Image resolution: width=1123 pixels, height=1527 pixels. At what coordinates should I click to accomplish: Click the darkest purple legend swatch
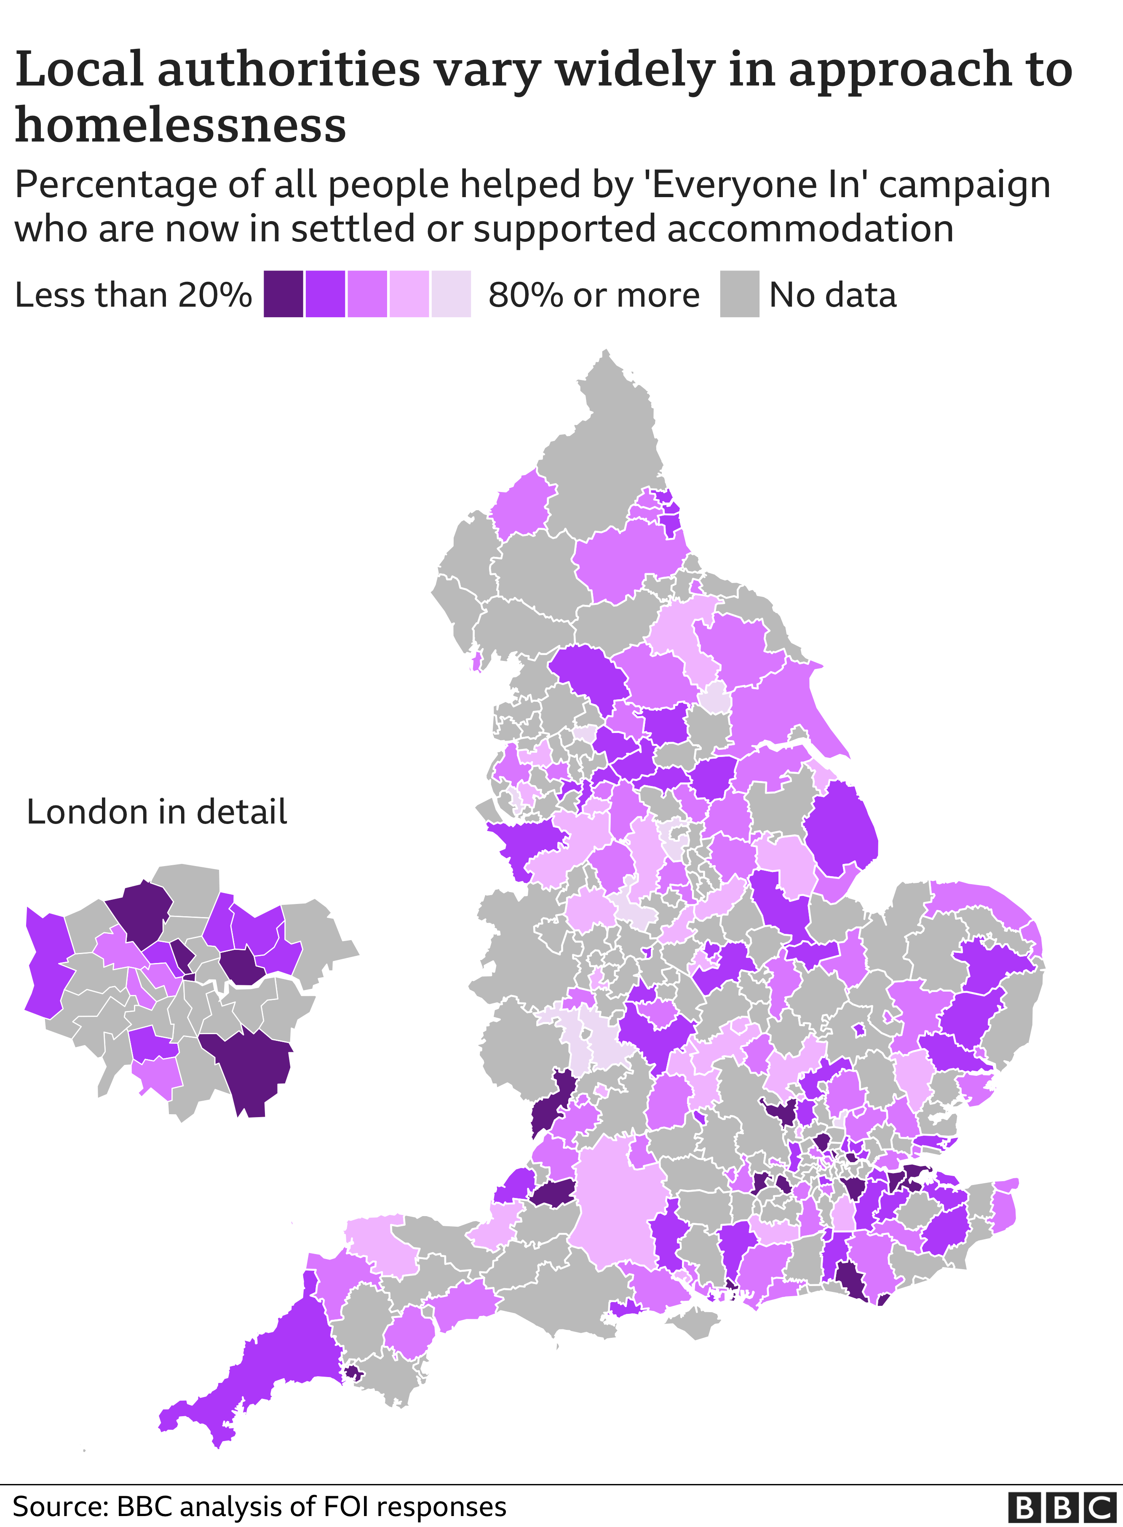[283, 294]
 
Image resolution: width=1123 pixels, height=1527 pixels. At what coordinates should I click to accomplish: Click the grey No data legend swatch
[740, 294]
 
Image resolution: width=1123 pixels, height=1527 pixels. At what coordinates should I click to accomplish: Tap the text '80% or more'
[594, 295]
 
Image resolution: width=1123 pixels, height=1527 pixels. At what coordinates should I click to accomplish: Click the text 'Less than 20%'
[133, 295]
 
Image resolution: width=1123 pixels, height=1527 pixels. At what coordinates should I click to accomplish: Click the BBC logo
[1062, 1507]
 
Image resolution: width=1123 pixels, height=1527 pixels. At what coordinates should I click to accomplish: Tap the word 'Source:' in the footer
[60, 1507]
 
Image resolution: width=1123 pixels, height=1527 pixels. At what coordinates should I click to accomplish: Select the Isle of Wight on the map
[693, 1322]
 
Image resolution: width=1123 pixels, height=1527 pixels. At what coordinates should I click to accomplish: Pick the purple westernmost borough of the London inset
[46, 965]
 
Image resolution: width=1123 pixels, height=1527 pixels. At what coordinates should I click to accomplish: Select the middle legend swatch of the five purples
[367, 294]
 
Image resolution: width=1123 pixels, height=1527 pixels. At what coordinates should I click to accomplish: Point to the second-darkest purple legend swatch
[325, 294]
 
